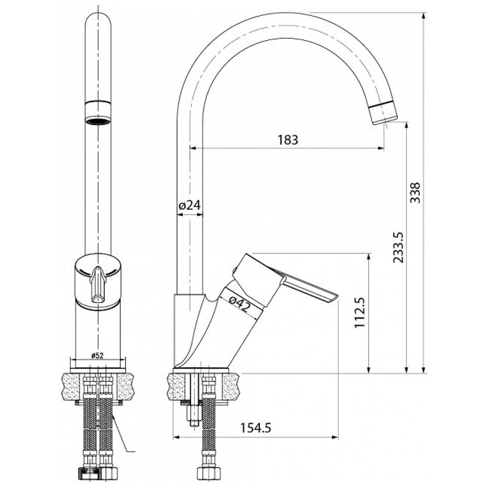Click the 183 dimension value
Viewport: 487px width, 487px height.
click(288, 140)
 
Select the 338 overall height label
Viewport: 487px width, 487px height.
click(415, 193)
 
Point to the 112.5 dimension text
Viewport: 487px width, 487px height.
click(360, 312)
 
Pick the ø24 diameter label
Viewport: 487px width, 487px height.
click(190, 205)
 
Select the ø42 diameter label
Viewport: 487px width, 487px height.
click(239, 304)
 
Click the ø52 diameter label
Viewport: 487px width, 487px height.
click(97, 356)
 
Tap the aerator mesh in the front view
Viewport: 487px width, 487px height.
click(98, 121)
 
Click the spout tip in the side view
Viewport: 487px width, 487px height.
click(383, 113)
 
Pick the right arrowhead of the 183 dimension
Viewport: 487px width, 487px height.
click(381, 149)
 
